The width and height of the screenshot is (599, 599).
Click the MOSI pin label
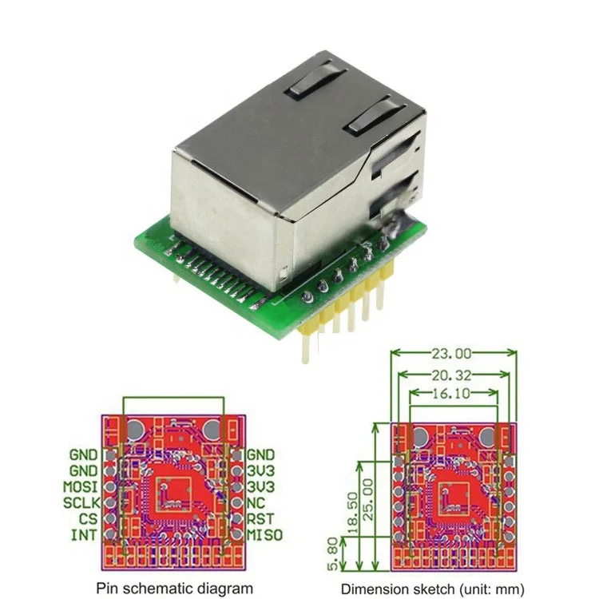80,486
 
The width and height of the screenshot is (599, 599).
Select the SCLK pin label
81,502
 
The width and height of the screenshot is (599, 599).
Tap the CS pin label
88,519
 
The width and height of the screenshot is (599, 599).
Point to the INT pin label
84,535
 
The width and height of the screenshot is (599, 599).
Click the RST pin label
260,519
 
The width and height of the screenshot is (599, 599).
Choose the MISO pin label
264,535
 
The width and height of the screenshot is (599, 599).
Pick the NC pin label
256,502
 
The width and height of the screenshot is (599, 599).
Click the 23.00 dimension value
451,354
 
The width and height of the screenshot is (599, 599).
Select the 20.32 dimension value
451,376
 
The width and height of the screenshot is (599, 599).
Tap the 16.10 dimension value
451,393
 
